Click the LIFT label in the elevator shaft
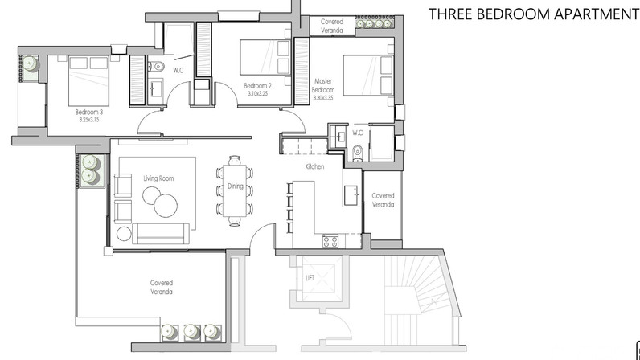pyautogui.click(x=310, y=278)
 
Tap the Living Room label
pyautogui.click(x=158, y=178)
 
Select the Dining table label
pyautogui.click(x=235, y=186)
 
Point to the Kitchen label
pyautogui.click(x=314, y=166)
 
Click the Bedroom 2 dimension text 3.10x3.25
pyautogui.click(x=257, y=93)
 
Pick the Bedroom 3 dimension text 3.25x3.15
pyautogui.click(x=89, y=120)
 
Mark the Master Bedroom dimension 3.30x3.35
pyautogui.click(x=323, y=98)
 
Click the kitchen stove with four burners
pyautogui.click(x=330, y=241)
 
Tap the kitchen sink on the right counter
pyautogui.click(x=351, y=195)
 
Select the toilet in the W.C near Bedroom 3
pyautogui.click(x=157, y=66)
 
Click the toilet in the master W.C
pyautogui.click(x=358, y=152)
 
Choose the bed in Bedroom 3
pyautogui.click(x=89, y=81)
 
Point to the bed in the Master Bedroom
pyautogui.click(x=367, y=76)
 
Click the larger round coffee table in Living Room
pyautogui.click(x=166, y=205)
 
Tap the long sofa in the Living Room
pyautogui.click(x=161, y=233)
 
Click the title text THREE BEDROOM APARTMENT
pyautogui.click(x=534, y=14)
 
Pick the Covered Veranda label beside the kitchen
pyautogui.click(x=383, y=200)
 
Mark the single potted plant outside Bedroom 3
pyautogui.click(x=31, y=63)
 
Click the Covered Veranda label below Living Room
pyautogui.click(x=162, y=288)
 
